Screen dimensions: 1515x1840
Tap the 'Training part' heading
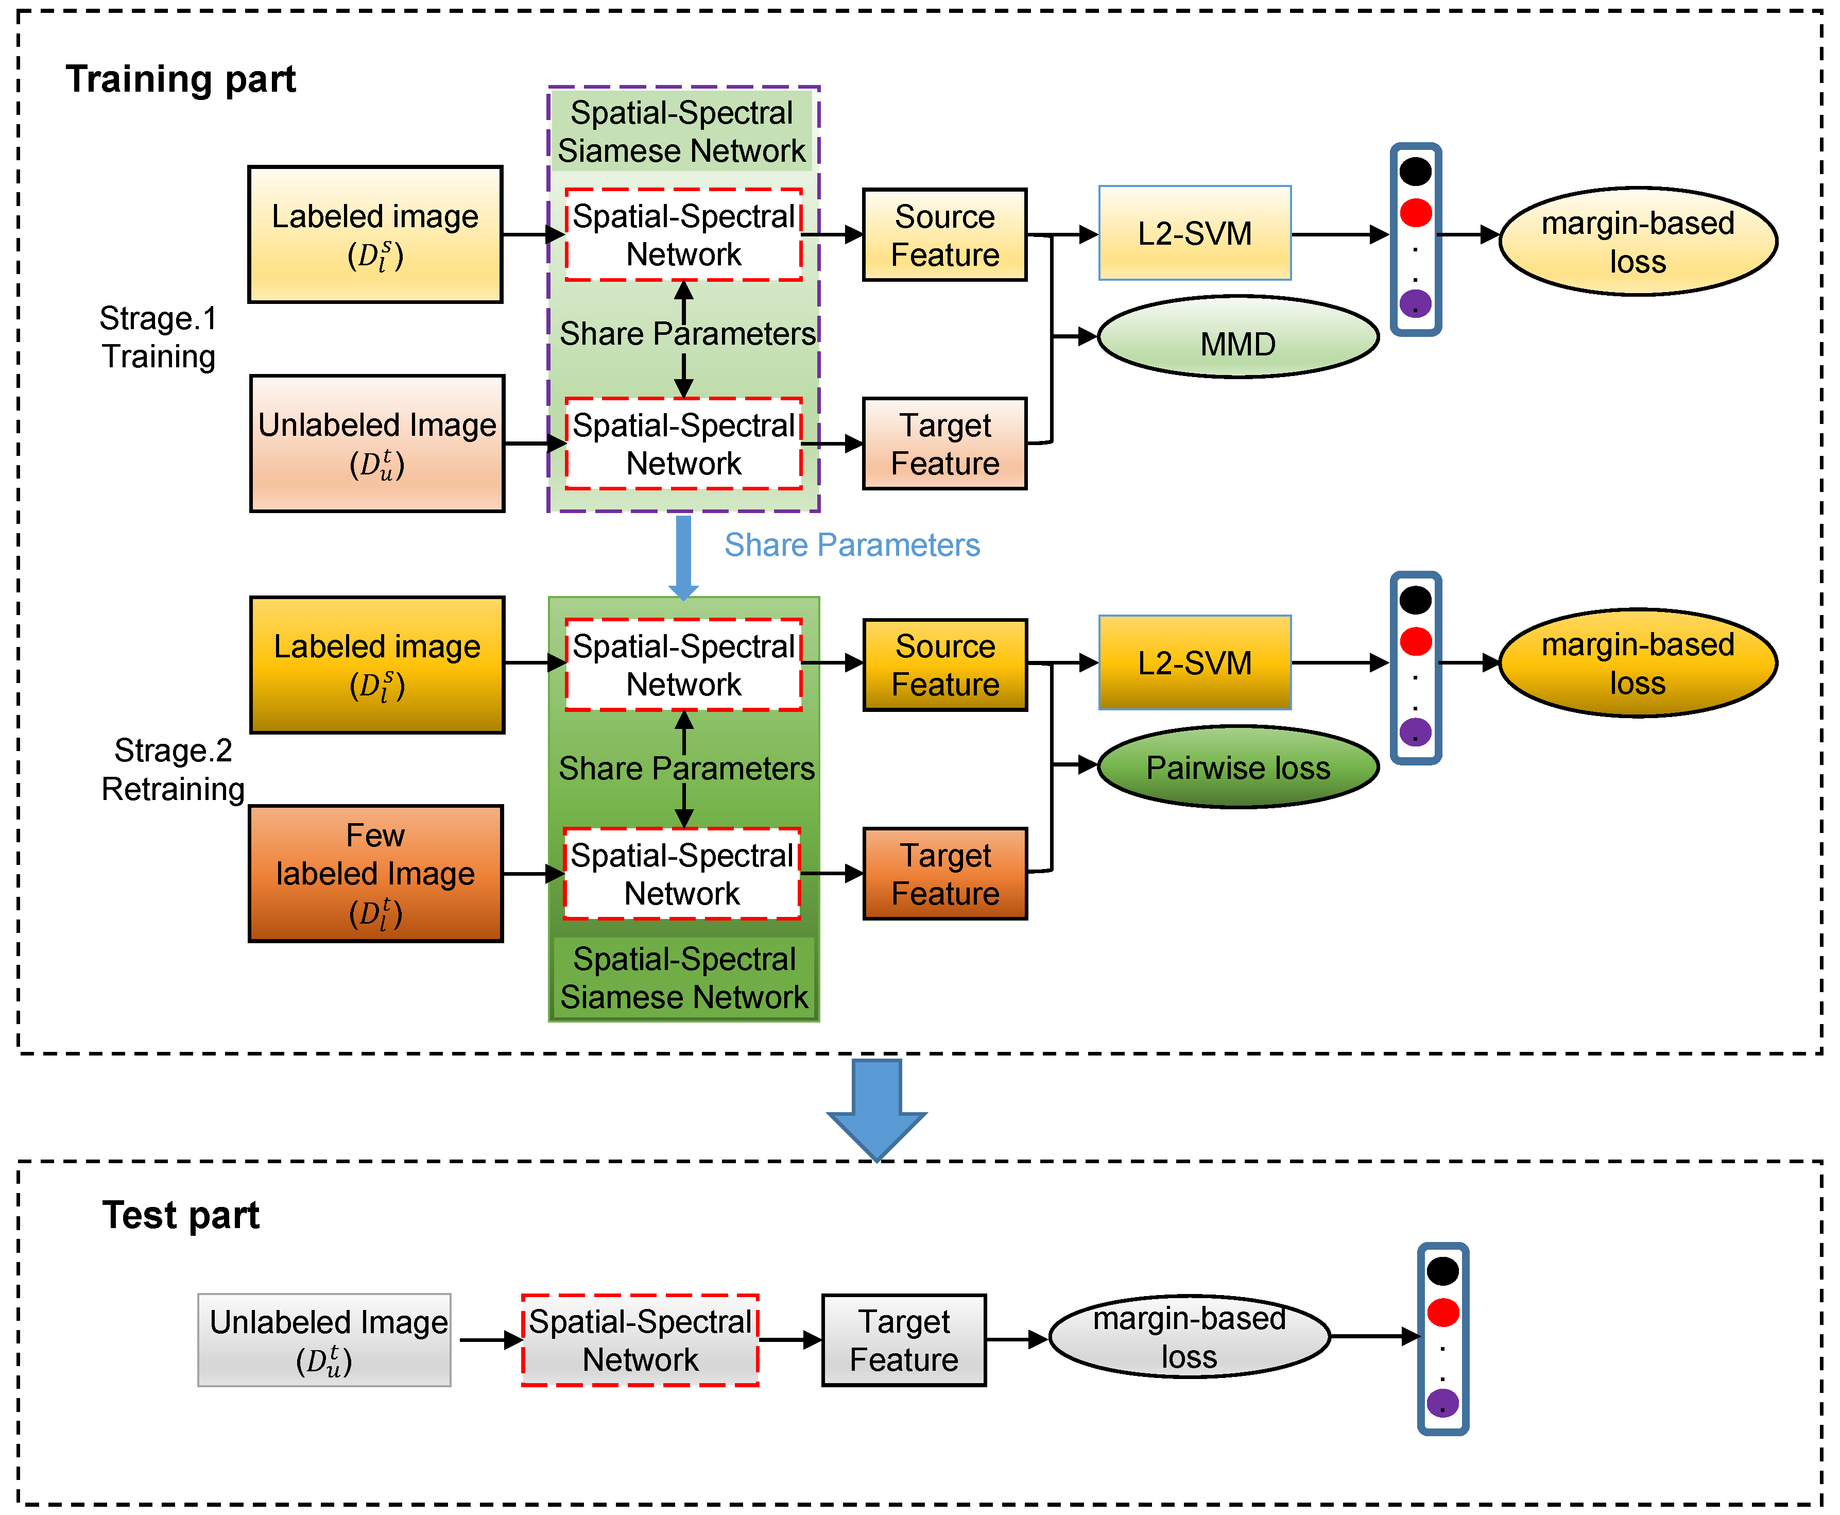[181, 79]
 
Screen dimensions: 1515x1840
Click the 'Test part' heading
[181, 1215]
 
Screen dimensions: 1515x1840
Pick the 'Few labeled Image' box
[376, 874]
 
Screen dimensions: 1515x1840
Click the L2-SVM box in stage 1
[1194, 233]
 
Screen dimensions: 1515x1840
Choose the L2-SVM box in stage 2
[1194, 662]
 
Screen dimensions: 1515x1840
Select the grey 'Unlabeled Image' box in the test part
[324, 1339]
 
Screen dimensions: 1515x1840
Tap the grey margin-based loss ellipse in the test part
[1189, 1336]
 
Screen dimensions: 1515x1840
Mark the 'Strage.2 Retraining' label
[173, 770]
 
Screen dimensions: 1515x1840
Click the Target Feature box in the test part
[904, 1339]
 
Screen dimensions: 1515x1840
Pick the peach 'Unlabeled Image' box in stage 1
[377, 444]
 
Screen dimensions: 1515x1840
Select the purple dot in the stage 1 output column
[1415, 304]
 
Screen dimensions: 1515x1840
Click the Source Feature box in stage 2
[945, 665]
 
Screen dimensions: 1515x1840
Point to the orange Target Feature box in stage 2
[945, 874]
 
